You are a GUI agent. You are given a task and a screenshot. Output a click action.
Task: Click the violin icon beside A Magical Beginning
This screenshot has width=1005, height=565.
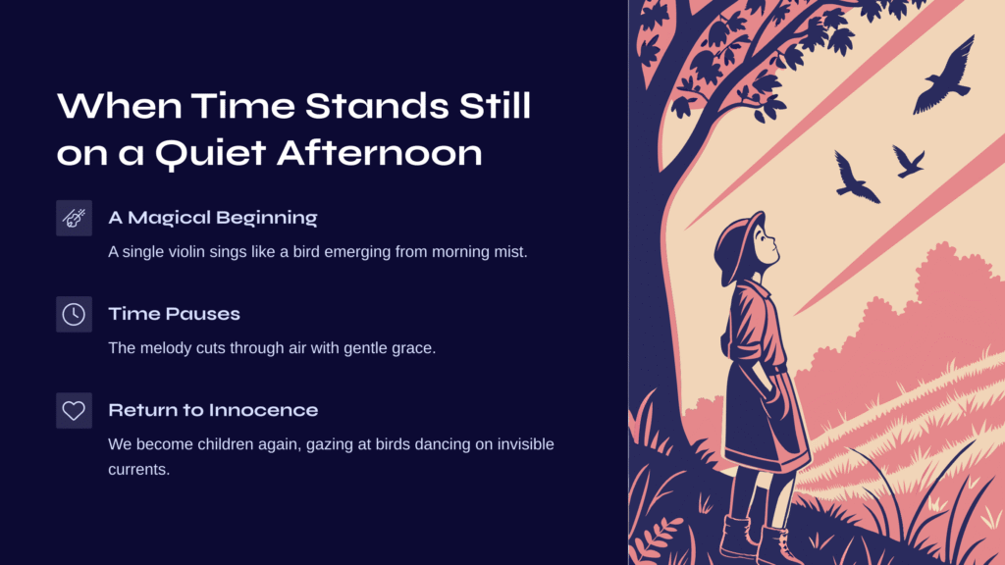[74, 219]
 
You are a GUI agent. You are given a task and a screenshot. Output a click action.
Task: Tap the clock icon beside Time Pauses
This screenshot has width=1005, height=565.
[74, 315]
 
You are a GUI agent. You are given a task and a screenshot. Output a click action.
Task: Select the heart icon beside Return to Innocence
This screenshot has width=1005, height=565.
[74, 411]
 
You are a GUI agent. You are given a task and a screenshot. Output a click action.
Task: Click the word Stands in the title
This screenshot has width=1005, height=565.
[376, 106]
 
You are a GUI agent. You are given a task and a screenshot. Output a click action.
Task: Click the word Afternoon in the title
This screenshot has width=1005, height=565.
[380, 154]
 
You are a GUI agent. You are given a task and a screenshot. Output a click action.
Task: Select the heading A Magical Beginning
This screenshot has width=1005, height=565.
[213, 218]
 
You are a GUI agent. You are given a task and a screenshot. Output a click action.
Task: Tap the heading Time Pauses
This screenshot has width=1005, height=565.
[175, 314]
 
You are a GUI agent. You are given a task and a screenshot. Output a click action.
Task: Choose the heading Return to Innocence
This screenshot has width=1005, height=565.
[213, 410]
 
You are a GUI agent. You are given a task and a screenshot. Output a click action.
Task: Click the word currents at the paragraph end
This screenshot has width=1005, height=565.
[138, 470]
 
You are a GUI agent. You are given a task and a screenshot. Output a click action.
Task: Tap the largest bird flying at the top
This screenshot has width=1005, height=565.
[945, 77]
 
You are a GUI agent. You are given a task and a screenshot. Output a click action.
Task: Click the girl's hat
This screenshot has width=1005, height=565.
[738, 246]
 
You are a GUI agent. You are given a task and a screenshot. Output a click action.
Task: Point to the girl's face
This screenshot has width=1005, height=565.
[766, 246]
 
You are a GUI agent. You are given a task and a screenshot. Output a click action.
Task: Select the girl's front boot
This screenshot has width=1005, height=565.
[777, 545]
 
